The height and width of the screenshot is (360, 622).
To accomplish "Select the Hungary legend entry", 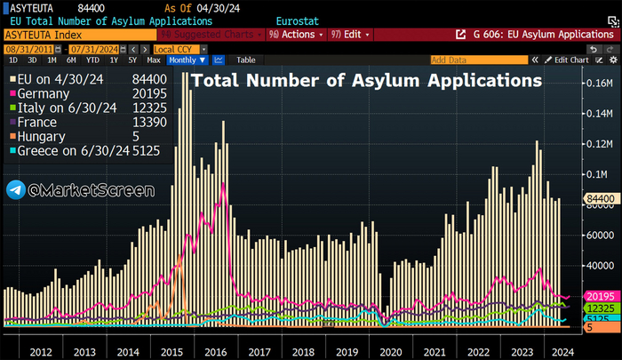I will point(40,137).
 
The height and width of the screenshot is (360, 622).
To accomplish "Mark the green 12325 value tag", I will point(597,308).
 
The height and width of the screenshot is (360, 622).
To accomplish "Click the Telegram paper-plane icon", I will point(15,190).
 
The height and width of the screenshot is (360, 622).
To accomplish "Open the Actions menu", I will point(299,34).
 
